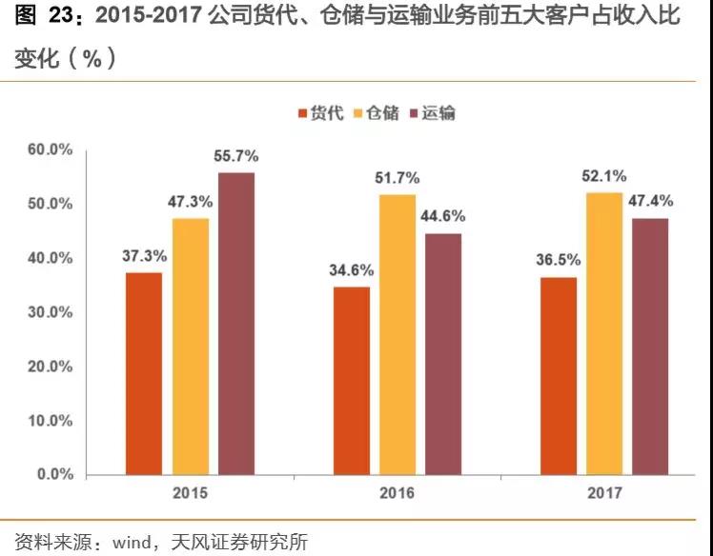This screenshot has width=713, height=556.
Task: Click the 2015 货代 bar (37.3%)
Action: [x=144, y=373]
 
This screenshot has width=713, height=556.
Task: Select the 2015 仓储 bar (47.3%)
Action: [x=191, y=347]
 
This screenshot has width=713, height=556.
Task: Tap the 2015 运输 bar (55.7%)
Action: [x=236, y=324]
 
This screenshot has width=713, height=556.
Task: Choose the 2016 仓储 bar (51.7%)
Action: [x=397, y=334]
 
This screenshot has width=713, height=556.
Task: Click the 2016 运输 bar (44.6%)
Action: [x=443, y=353]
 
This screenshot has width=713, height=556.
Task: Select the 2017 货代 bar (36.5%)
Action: [x=559, y=375]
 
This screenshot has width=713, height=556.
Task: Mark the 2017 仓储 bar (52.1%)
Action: [x=604, y=333]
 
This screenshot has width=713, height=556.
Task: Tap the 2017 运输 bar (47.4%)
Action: [x=651, y=347]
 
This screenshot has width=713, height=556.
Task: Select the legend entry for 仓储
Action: [x=376, y=113]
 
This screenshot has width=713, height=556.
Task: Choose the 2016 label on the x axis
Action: [x=397, y=495]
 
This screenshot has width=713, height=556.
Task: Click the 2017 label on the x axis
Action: [x=604, y=495]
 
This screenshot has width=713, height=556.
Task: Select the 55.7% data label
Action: [x=236, y=156]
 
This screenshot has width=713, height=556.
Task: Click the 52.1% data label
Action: [x=604, y=175]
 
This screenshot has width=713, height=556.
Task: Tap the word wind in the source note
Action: [x=132, y=543]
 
